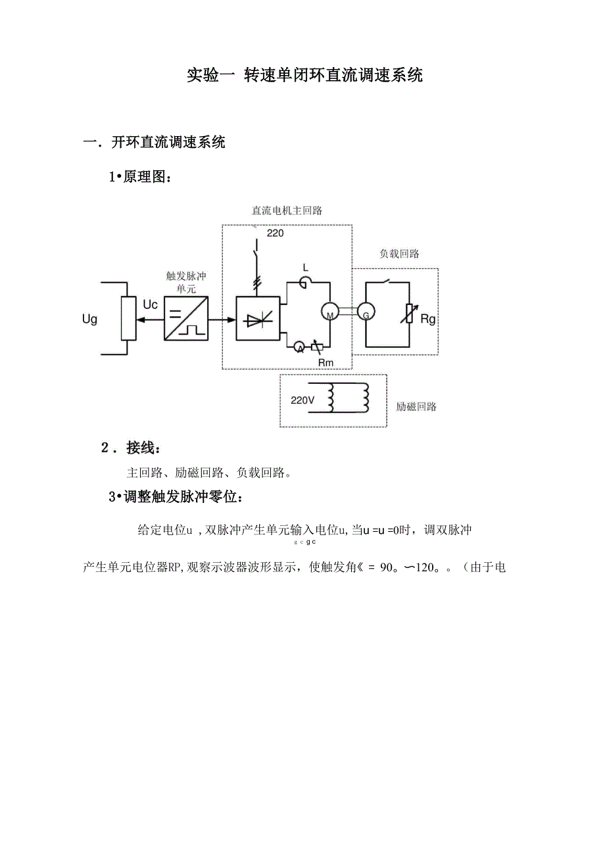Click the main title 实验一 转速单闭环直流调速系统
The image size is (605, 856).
tap(304, 75)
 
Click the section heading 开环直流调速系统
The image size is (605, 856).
tap(168, 142)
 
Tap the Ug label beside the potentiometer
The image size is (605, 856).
tap(89, 320)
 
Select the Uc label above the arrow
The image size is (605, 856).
tap(150, 305)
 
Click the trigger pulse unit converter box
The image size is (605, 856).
tap(186, 318)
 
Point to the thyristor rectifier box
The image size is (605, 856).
tap(258, 320)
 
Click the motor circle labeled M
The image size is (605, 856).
tap(329, 314)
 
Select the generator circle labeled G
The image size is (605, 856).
tap(365, 315)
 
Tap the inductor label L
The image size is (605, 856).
tap(305, 267)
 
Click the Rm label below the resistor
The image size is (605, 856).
tap(326, 362)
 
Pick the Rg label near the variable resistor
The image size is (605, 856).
tap(428, 320)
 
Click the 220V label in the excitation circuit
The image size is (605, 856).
tap(303, 399)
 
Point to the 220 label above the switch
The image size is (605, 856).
tap(275, 233)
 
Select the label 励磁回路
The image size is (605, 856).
tap(416, 406)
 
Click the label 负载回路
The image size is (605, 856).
tap(399, 253)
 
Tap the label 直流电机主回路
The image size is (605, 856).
tap(287, 211)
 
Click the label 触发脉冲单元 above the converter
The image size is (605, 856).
tap(186, 282)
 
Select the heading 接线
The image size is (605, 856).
tap(143, 448)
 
